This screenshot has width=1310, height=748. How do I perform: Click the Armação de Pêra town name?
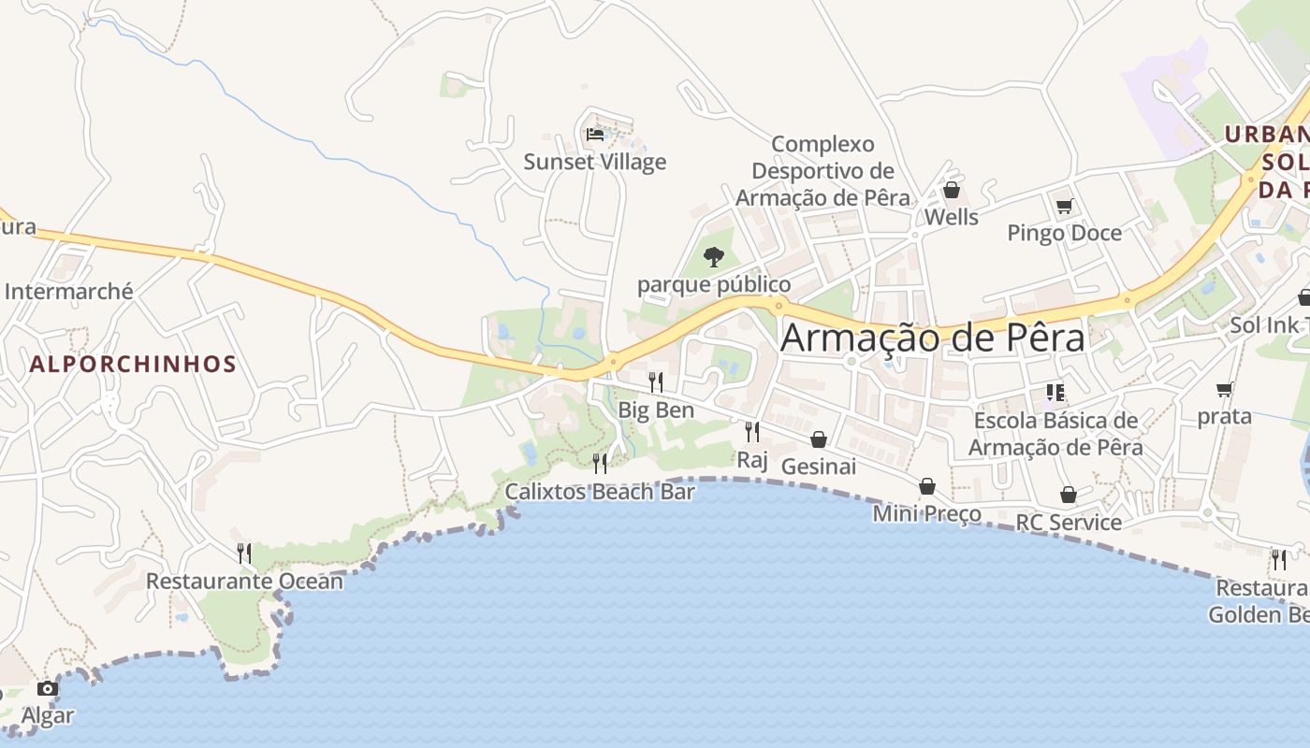pos(932,338)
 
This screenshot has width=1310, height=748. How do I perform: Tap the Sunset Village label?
pos(595,162)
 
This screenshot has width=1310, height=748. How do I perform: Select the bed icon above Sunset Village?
pos(595,134)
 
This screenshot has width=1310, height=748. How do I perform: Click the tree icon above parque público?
pos(714,256)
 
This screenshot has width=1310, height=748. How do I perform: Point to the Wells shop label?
pos(951,217)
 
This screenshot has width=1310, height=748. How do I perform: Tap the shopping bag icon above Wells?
pos(952,191)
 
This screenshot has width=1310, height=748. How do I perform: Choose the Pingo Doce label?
pos(1064,233)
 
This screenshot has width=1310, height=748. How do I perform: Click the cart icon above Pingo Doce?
pos(1064,207)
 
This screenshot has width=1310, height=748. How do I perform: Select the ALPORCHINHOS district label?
pos(133,364)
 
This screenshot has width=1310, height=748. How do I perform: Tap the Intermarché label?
pos(69,292)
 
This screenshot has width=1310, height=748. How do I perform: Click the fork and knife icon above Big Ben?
pos(656,381)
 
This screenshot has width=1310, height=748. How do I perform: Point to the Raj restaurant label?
pos(752,459)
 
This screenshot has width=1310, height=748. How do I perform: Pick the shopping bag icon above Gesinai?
pos(819,439)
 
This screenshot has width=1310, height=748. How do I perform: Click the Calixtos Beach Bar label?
pos(600,491)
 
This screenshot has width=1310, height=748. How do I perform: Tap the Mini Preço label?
pos(927,513)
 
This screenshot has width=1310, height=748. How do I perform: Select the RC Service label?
pos(1069,522)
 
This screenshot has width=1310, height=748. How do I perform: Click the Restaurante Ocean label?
pos(244,581)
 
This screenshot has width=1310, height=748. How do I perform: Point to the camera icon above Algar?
pos(47,689)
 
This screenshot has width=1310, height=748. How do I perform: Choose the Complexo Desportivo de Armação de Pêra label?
pos(822,171)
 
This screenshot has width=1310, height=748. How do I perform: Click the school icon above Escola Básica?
pos(1055,393)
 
